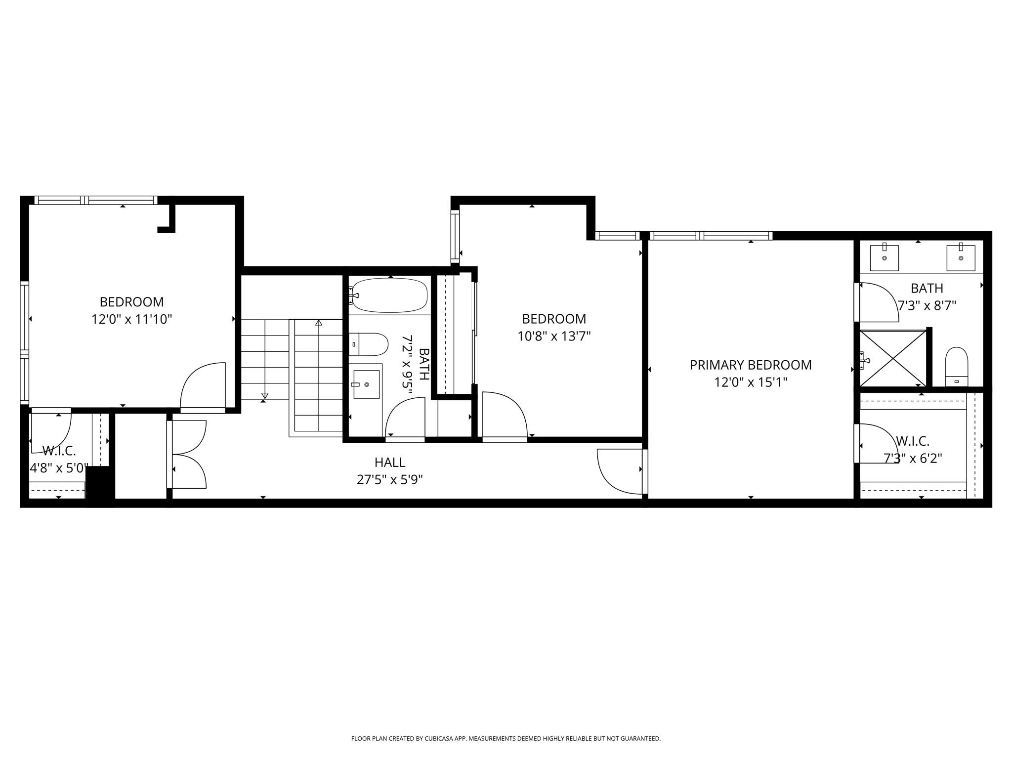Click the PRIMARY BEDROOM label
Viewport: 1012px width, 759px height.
tap(750, 365)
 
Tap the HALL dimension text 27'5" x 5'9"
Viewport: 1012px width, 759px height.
tap(389, 480)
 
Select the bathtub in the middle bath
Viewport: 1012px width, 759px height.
tap(390, 295)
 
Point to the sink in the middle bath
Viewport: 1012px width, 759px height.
tap(366, 384)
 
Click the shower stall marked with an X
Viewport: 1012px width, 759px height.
tap(893, 358)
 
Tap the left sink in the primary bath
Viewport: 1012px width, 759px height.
tap(884, 257)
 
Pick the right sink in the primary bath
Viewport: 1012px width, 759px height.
tap(961, 257)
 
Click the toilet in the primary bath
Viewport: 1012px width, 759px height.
tap(957, 367)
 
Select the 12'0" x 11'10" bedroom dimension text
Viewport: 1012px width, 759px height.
tap(131, 319)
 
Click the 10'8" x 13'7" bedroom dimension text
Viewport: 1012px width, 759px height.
tap(554, 337)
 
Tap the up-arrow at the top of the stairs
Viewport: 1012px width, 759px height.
tap(319, 323)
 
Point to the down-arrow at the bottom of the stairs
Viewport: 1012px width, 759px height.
tap(265, 395)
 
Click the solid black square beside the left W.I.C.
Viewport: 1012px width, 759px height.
tap(100, 486)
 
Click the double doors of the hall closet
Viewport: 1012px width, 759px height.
tap(188, 455)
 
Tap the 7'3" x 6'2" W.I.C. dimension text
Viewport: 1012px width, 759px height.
tap(913, 459)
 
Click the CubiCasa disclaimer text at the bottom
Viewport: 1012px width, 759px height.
tap(506, 739)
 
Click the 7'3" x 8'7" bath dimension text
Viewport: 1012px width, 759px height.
tap(927, 306)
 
